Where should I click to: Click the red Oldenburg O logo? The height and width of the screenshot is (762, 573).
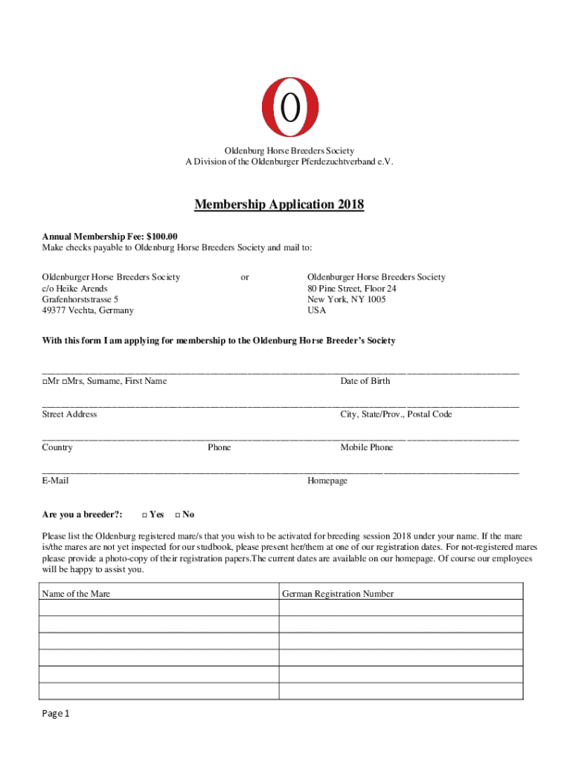pos(289,108)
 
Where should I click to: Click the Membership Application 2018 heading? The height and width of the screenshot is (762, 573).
pos(279,205)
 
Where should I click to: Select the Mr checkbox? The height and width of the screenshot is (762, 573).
pos(45,382)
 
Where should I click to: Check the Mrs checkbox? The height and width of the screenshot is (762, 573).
pos(65,382)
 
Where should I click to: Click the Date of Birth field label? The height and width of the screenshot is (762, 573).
pos(365,381)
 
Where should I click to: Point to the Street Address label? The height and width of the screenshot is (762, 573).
pos(69,414)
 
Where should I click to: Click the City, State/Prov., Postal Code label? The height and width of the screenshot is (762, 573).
pos(396,414)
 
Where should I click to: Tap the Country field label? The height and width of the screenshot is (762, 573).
pos(57,448)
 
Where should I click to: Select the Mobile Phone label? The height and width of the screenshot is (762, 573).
pos(367,448)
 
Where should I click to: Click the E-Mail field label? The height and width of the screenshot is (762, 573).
pos(55,481)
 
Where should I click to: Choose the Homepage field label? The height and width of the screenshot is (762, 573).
pos(327,481)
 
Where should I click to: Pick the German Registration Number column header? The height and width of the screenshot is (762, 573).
pos(338,594)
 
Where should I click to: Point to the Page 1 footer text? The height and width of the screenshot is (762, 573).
pos(56,714)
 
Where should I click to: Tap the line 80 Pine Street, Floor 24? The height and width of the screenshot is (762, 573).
pos(352,288)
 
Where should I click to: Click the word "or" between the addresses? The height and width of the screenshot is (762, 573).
pos(245,277)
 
